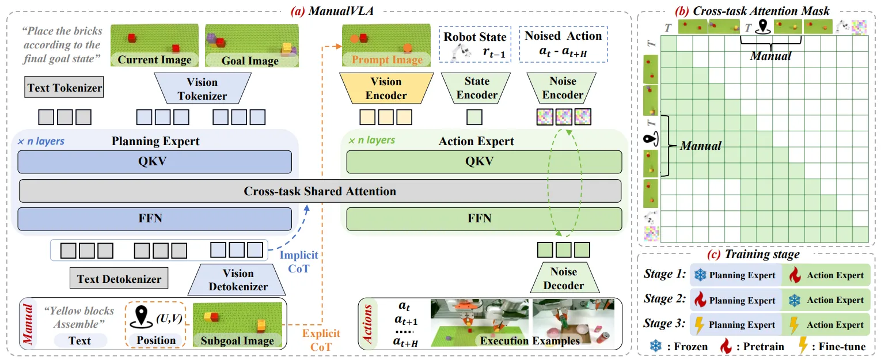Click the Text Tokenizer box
[64, 88]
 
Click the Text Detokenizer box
[119, 279]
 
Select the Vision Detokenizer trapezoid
[238, 279]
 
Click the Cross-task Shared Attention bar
[320, 191]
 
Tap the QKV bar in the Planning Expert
[154, 162]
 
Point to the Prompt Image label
[387, 59]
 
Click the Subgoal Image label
[237, 340]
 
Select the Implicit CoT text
[298, 260]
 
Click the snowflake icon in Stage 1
[700, 275]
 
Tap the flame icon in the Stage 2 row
[700, 300]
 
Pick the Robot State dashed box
[475, 44]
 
